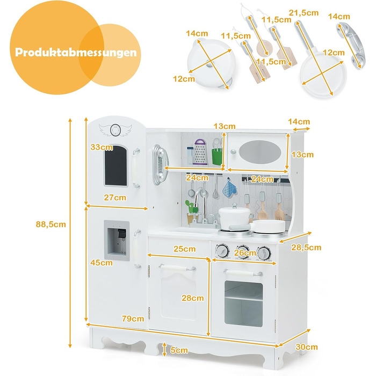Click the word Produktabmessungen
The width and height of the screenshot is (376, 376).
click(x=76, y=52)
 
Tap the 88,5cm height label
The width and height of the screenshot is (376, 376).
click(x=51, y=224)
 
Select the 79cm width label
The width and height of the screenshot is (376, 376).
click(x=133, y=319)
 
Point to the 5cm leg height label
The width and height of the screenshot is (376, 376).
click(x=179, y=350)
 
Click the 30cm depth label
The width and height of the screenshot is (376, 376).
click(x=307, y=347)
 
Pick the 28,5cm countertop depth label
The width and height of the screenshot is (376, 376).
click(x=306, y=247)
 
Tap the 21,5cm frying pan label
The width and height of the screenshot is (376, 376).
click(x=303, y=13)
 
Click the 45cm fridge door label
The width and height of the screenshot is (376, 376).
click(x=102, y=263)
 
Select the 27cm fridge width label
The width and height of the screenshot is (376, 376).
click(x=115, y=197)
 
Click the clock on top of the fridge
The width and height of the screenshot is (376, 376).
click(x=115, y=130)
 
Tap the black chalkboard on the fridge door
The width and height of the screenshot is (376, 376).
click(x=116, y=165)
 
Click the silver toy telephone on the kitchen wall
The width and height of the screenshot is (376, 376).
click(x=160, y=164)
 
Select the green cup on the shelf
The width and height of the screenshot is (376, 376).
click(x=217, y=156)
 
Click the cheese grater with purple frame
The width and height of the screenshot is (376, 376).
click(x=200, y=152)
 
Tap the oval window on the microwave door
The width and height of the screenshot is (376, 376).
click(x=260, y=152)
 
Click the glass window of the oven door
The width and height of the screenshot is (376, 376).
click(x=243, y=304)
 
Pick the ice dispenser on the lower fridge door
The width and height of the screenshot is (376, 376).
click(x=117, y=240)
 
